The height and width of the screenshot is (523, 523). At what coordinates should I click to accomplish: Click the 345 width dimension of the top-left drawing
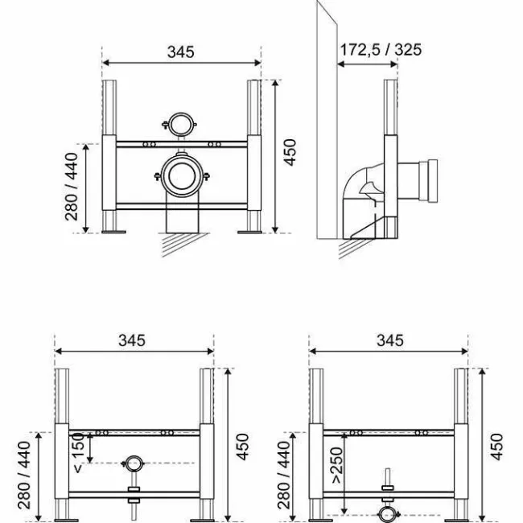(x=181, y=51)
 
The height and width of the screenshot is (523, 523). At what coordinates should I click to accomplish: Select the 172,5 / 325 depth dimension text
(x=379, y=50)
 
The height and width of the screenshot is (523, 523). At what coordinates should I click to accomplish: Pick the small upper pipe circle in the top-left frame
(x=181, y=125)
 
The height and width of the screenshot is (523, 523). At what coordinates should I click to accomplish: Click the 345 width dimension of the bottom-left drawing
(x=132, y=340)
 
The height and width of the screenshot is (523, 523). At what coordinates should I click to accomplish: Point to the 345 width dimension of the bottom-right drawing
(x=389, y=340)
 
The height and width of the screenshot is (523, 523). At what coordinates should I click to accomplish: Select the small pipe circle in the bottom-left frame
(x=134, y=463)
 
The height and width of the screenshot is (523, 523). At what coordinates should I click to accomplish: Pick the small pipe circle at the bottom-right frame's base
(x=388, y=513)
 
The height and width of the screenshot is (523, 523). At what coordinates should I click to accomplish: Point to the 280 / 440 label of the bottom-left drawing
(x=23, y=476)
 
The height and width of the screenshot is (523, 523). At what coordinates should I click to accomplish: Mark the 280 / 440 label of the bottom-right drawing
(x=283, y=476)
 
